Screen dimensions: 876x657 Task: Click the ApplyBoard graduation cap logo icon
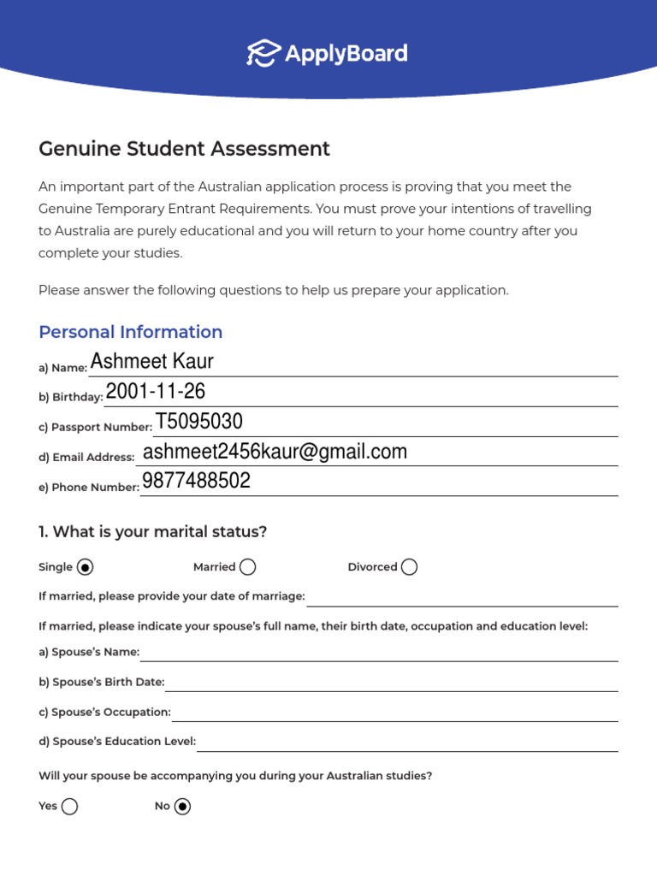coord(263,53)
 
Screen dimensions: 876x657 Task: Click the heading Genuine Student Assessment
coord(184,149)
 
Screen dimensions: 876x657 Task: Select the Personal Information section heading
coord(130,332)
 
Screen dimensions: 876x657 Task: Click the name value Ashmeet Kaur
coord(151,362)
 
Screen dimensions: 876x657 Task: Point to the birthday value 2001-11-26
coord(155,392)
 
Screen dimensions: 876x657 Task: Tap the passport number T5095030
coord(198,422)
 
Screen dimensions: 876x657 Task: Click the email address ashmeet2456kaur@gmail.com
coord(275,452)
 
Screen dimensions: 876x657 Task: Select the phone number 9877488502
coord(196,482)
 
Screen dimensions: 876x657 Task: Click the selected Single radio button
coord(85,567)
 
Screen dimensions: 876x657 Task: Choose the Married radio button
coord(247,567)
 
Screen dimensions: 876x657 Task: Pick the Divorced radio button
coord(409,567)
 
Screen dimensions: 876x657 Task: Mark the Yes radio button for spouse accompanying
coord(69,806)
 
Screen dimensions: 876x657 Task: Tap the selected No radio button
coord(182,806)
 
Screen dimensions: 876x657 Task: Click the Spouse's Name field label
coord(89,652)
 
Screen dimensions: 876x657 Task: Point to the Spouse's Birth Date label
coord(102,682)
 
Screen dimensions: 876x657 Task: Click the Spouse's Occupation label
coord(104,712)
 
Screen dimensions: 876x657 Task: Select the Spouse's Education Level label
coord(117,742)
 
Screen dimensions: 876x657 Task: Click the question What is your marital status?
coord(152,532)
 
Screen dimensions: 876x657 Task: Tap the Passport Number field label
coord(95,427)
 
